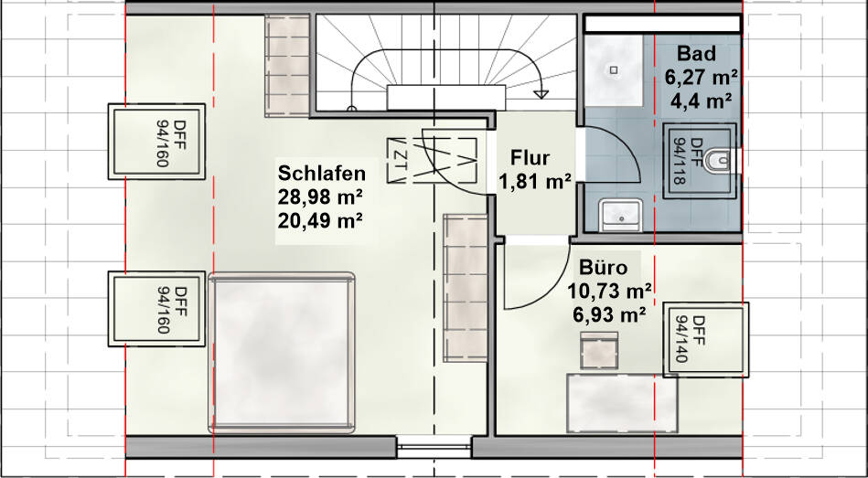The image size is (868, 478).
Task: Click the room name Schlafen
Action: pyautogui.click(x=323, y=174)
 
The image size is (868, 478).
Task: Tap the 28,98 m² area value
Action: pyautogui.click(x=323, y=197)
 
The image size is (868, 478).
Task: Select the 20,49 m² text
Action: pyautogui.click(x=323, y=219)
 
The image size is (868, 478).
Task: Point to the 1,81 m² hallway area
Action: pyautogui.click(x=535, y=181)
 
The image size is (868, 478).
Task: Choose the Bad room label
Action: pyautogui.click(x=697, y=54)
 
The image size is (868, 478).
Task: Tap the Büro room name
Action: pyautogui.click(x=603, y=269)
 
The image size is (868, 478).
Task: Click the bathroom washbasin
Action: pyautogui.click(x=622, y=216)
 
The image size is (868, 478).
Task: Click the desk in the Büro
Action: pyautogui.click(x=622, y=402)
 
